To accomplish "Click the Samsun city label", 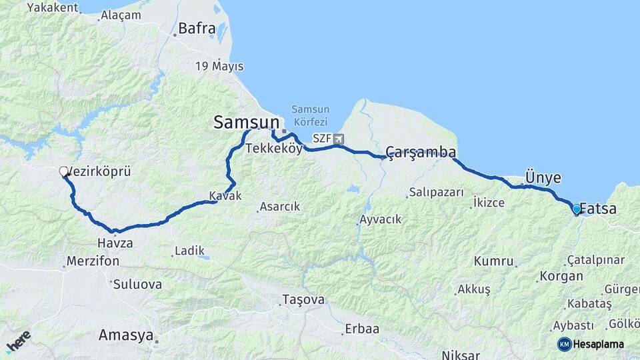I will pos(246,122).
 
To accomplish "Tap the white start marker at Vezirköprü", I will pos(64,172).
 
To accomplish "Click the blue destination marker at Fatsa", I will pos(577,209).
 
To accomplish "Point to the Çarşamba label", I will pos(421,151).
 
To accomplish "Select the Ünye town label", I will pos(543,177).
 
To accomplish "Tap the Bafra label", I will pos(197,29).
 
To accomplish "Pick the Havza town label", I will pos(115,243).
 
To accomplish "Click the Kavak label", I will pos(225,196).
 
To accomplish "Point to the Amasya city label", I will pos(126,335).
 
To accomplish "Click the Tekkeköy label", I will pos(273,149).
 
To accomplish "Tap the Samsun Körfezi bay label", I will pos(310,115).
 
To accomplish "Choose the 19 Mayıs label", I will pos(219,66).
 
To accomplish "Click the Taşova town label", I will pos(303,299).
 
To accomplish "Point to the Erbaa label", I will pos(362,329).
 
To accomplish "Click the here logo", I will pos(18,341).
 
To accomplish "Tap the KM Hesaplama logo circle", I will pos(564,344).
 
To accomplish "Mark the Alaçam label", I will pos(121,15).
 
